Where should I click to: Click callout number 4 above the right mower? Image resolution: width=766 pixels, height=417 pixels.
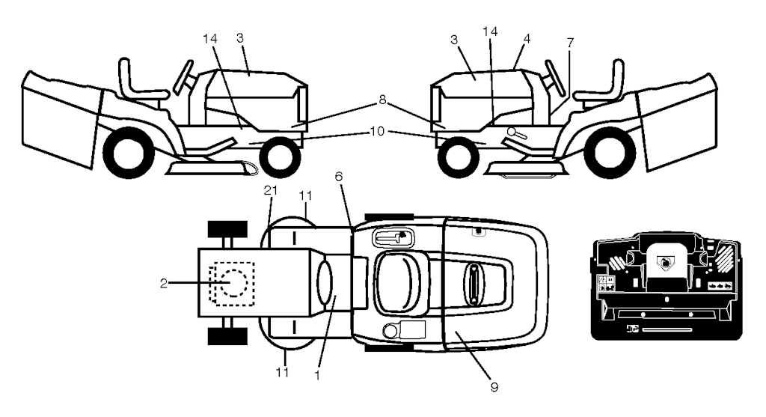526,38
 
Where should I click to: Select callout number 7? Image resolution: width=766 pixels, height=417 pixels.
570,43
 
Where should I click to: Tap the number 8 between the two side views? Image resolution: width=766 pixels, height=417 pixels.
382,100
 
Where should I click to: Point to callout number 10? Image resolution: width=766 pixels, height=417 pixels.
377,131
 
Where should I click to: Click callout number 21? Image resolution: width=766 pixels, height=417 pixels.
271,190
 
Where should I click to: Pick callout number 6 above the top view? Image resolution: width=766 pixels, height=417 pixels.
339,177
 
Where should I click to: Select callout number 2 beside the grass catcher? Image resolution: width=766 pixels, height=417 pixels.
164,283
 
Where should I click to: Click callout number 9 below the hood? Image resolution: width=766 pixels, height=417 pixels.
494,387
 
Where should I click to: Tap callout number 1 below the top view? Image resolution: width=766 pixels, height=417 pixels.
317,375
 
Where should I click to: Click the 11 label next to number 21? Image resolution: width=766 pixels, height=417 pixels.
305,195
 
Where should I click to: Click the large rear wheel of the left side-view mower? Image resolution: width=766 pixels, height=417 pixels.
126,153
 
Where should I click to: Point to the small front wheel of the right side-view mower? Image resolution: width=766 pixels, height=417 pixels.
459,158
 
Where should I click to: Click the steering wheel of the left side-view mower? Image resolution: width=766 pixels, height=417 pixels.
183,77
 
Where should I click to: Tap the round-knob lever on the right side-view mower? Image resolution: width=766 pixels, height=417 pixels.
517,133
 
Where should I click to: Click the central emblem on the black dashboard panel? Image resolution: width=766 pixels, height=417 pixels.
665,264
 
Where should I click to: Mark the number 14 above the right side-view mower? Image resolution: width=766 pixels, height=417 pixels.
490,31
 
